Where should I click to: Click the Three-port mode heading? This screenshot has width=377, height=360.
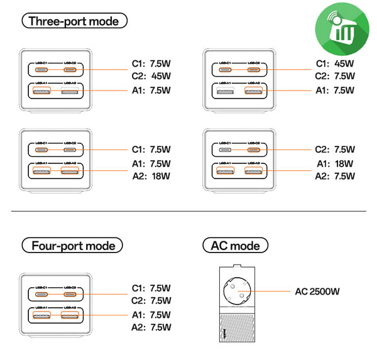[x=74, y=21]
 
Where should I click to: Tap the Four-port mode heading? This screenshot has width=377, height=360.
[x=72, y=245]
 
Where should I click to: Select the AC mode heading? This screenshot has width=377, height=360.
[x=236, y=245]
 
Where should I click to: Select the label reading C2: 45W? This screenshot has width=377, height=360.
[x=152, y=77]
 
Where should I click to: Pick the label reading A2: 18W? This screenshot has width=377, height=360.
[x=152, y=177]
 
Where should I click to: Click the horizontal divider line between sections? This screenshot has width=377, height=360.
[x=188, y=212]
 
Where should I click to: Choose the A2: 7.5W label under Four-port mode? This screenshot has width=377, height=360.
[x=152, y=327]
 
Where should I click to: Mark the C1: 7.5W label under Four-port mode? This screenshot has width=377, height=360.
[x=152, y=288]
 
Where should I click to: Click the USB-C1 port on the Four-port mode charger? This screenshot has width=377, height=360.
[x=43, y=293]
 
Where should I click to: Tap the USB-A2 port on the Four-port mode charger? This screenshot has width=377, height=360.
[x=70, y=315]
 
